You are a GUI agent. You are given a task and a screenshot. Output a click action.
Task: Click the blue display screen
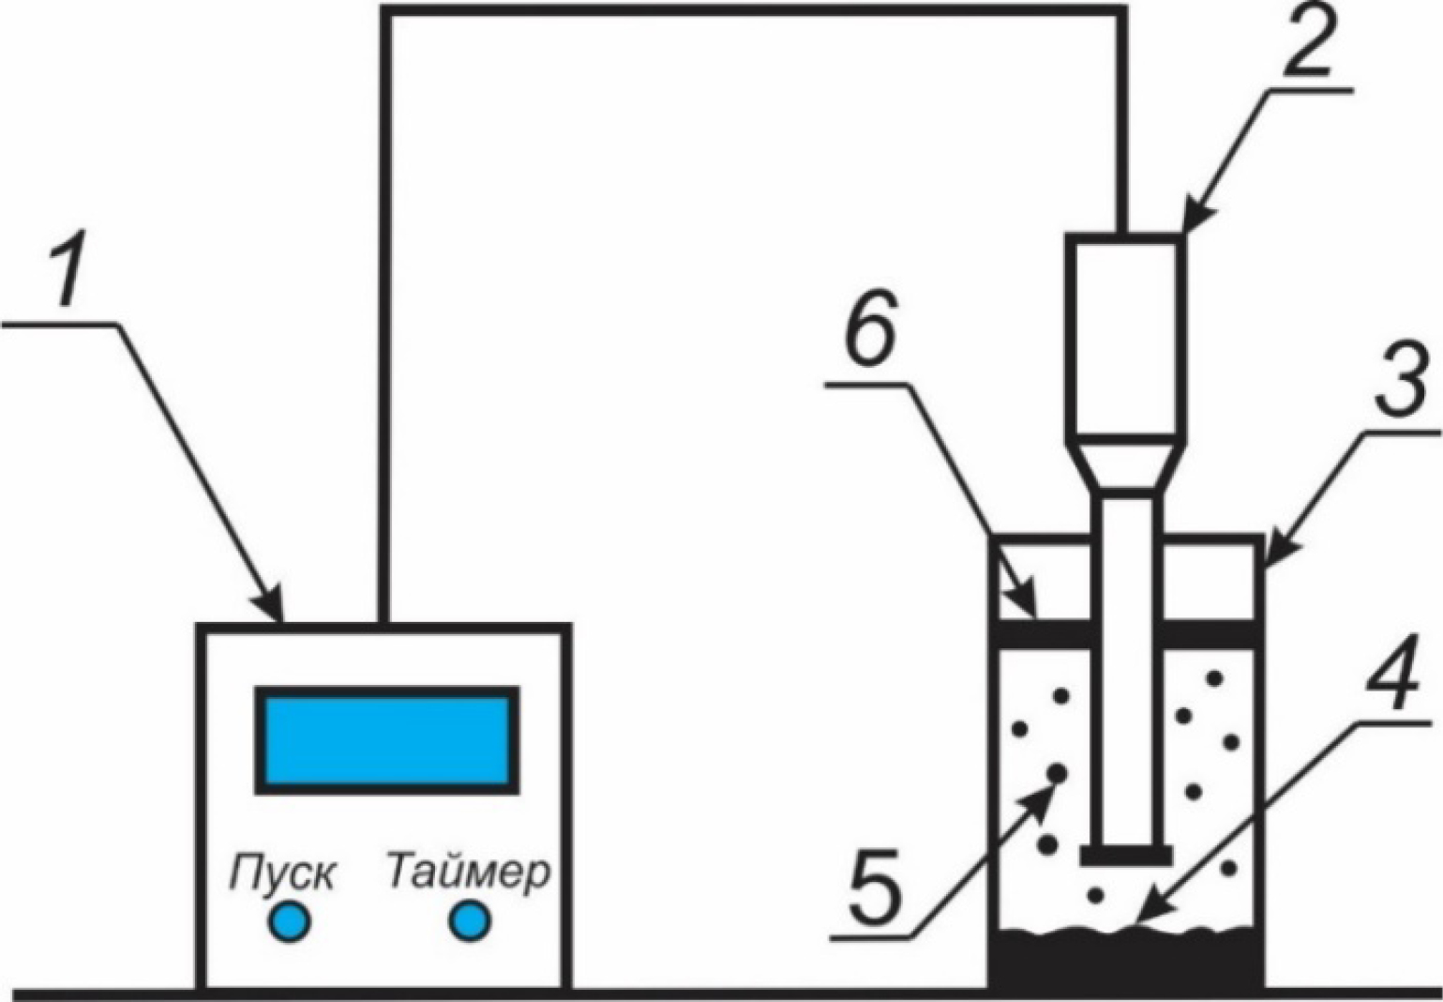385,740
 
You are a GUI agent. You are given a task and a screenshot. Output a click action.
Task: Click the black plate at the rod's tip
1125,856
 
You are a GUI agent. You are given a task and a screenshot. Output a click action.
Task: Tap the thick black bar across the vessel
1125,633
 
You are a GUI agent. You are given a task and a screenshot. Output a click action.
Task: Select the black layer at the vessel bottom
1125,962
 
